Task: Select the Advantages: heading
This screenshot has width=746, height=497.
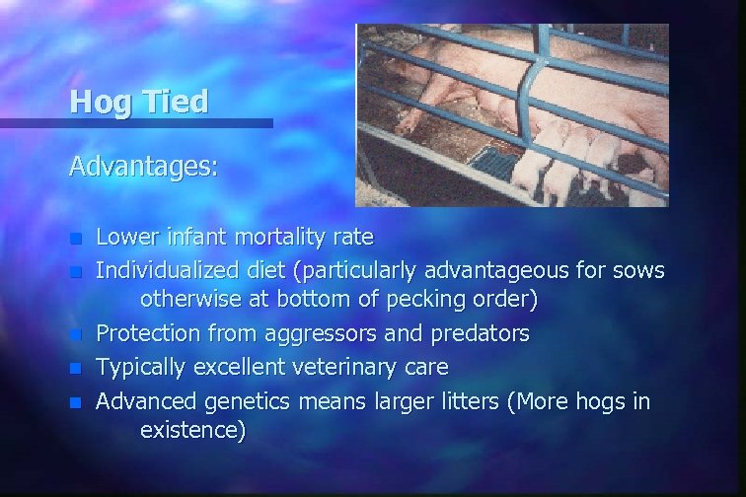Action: point(143,166)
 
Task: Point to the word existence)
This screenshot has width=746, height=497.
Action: point(192,431)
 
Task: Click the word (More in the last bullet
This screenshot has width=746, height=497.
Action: point(535,400)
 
